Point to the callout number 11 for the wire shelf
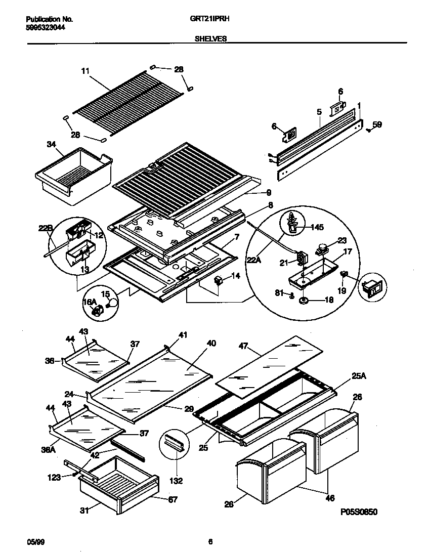tap(85, 71)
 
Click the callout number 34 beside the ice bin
tap(51, 145)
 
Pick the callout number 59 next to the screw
tap(377, 124)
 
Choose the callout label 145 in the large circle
tap(318, 227)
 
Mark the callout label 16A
tap(90, 302)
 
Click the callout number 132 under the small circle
tap(176, 481)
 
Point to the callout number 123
tap(54, 477)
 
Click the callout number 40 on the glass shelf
tap(211, 343)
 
